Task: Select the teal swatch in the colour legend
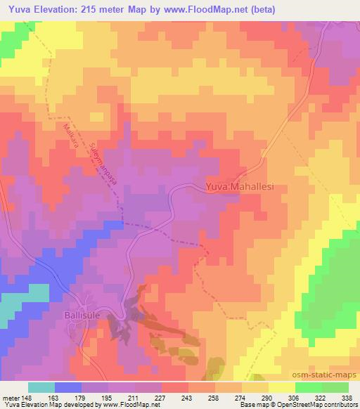41,387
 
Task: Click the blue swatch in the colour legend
67,387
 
